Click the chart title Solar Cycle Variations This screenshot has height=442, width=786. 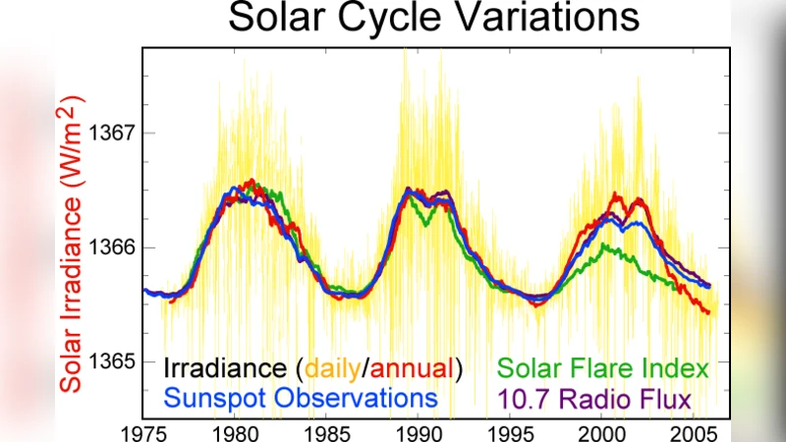point(433,19)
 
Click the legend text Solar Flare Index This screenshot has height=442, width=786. point(603,369)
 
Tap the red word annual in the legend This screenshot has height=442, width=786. point(411,369)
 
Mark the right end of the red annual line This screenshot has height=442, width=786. point(708,313)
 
